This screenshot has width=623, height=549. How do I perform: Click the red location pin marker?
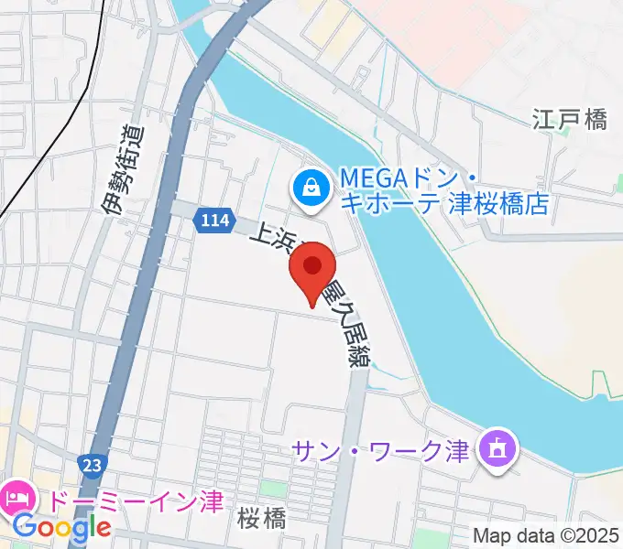click(312, 267)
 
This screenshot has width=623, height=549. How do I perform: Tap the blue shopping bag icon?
click(311, 189)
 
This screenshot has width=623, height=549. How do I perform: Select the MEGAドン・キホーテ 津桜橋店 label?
click(443, 189)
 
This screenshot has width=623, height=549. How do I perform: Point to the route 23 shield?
click(93, 464)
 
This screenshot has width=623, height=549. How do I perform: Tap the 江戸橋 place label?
click(570, 119)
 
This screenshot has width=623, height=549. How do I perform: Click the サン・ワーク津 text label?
click(380, 450)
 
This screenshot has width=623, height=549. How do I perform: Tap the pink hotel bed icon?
click(17, 499)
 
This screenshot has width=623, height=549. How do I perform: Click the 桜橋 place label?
click(261, 519)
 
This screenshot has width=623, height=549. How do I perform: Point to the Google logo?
click(62, 527)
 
